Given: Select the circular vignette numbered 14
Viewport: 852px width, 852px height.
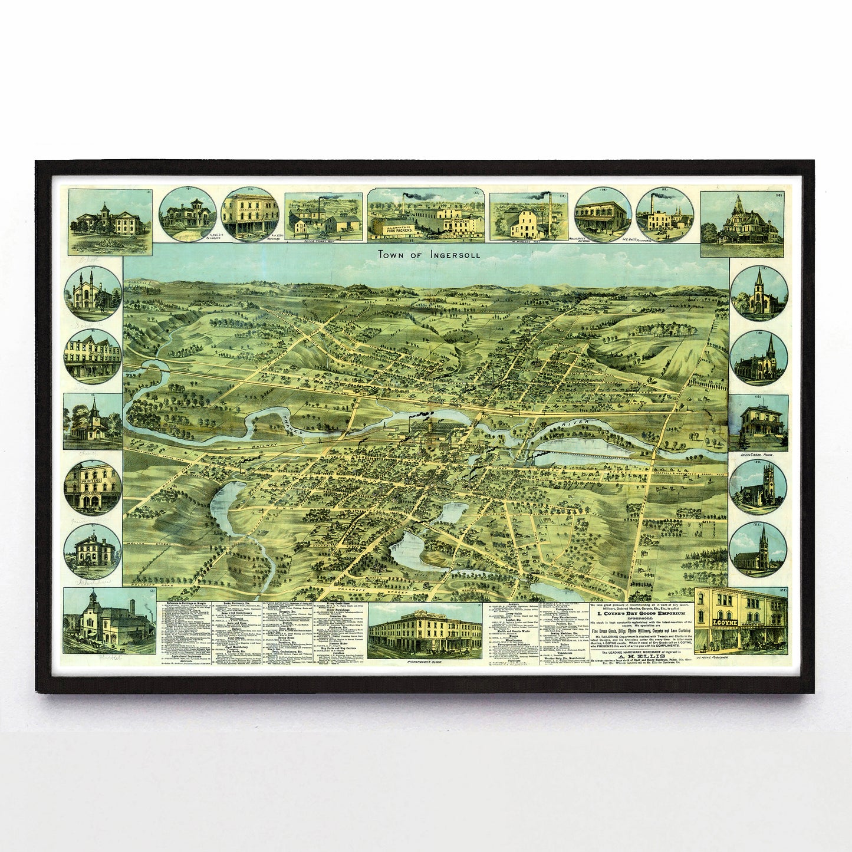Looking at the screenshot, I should tap(603, 216).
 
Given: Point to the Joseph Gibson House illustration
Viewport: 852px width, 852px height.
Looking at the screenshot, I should tap(759, 422).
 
